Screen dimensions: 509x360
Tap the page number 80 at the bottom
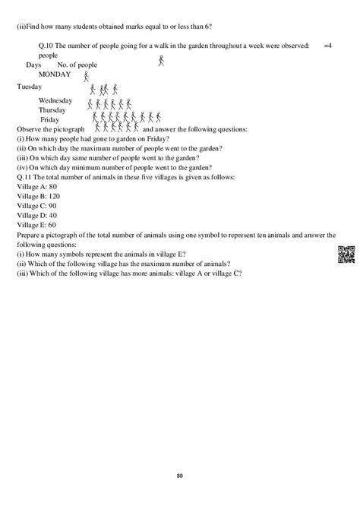(x=179, y=476)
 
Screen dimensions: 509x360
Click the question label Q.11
(x=27, y=176)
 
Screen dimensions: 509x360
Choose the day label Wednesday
(x=55, y=100)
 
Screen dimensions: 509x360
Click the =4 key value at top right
(x=328, y=47)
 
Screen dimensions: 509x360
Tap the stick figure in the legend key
(x=161, y=61)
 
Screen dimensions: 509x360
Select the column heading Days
(x=33, y=66)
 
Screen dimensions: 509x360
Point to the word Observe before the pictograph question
(x=29, y=130)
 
